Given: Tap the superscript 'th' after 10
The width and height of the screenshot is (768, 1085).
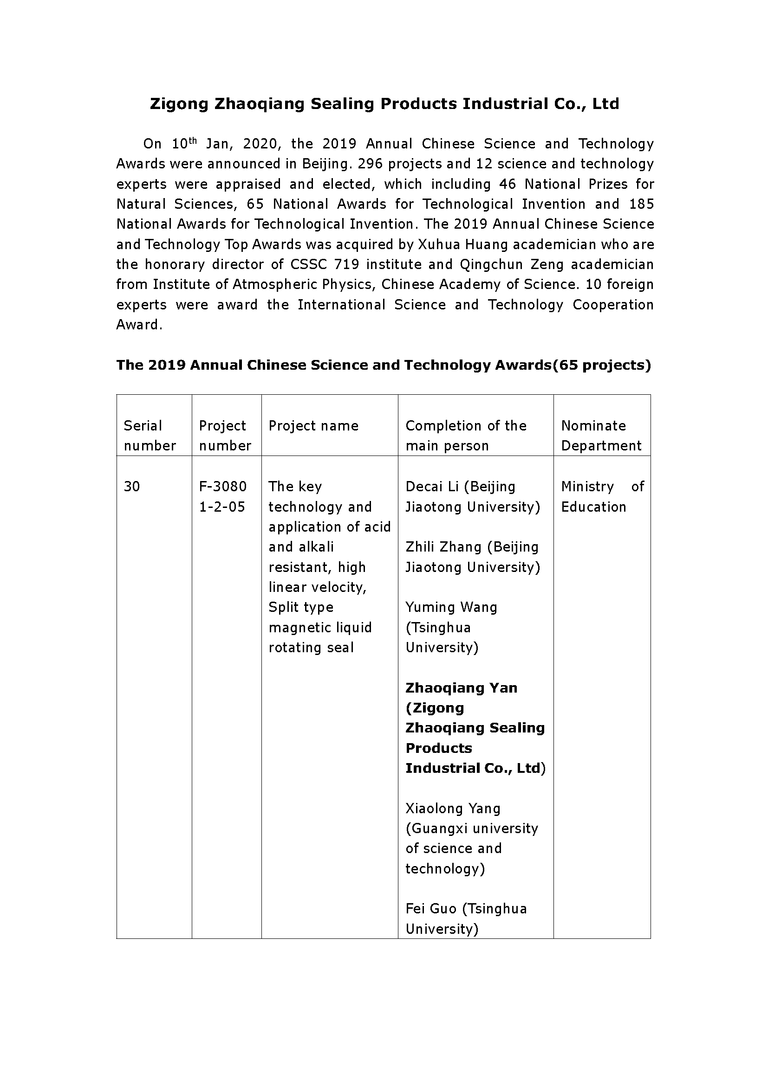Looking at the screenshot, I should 193,140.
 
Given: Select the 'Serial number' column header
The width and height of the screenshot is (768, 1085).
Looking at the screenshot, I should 150,436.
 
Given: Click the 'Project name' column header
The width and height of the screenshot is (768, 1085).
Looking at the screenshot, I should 313,426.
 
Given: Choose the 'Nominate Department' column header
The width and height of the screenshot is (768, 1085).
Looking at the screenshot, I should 601,436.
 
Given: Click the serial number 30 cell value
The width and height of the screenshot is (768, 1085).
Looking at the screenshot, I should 132,487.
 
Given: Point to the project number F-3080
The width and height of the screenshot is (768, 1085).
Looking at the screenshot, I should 223,487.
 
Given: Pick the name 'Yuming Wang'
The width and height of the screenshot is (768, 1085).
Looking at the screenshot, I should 451,607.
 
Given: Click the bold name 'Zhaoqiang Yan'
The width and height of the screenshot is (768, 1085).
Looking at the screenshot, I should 461,688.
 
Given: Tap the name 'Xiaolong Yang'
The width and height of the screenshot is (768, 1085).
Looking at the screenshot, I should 453,809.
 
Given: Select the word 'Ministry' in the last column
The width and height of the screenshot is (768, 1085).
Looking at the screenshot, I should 587,487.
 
